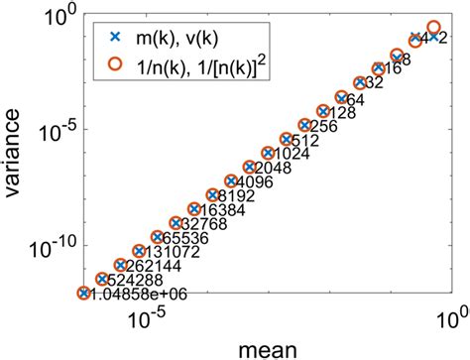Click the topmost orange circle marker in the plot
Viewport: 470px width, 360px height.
point(433,27)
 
